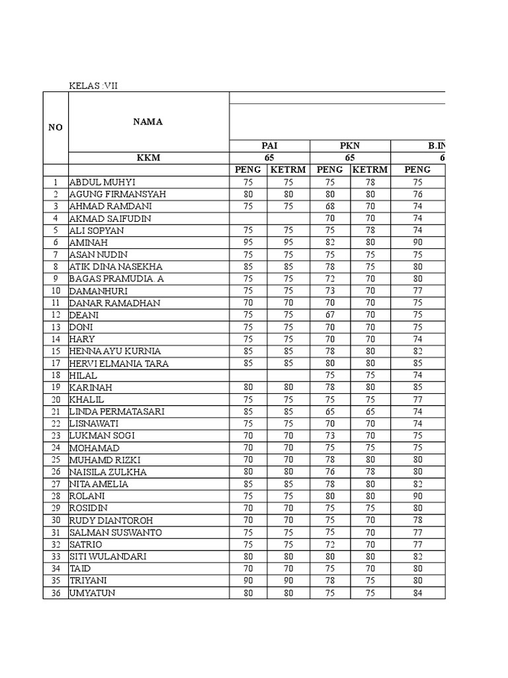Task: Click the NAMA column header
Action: point(148,122)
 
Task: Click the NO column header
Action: point(56,128)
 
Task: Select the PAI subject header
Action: point(268,146)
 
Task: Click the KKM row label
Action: point(148,158)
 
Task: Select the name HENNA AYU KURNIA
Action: point(115,351)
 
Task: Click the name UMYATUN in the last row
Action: point(92,593)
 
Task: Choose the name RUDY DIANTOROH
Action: point(109,520)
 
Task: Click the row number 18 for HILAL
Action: point(56,375)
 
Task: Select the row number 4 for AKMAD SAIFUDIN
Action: point(56,218)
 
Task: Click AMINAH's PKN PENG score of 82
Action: point(329,243)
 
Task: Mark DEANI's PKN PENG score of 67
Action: point(329,315)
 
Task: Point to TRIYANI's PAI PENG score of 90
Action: point(248,581)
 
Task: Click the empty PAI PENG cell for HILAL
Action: point(248,375)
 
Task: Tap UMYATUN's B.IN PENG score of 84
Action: point(417,593)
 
